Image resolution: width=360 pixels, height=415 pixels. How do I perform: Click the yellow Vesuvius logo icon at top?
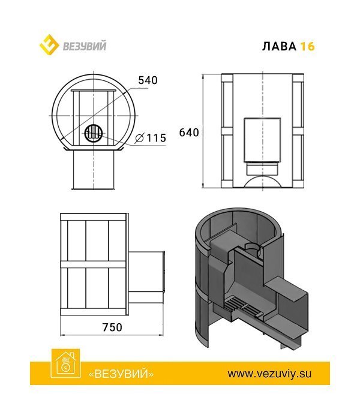click(50, 44)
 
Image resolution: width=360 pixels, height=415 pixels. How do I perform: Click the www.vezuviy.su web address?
click(270, 373)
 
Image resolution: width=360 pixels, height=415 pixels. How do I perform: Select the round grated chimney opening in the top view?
click(94, 133)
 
